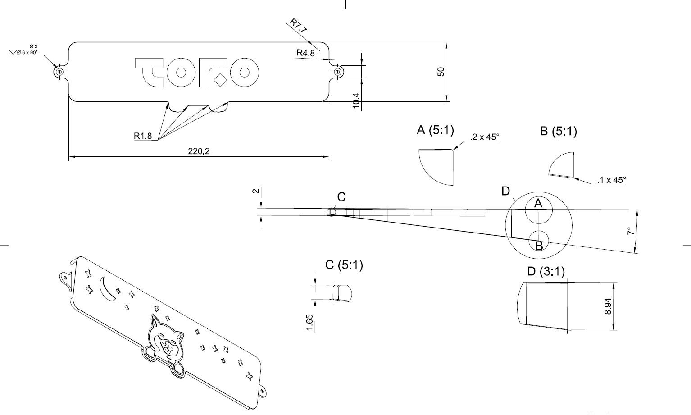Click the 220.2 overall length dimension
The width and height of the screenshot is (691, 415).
point(199,151)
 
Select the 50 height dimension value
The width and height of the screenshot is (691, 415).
point(441,72)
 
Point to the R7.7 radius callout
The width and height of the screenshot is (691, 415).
point(298,26)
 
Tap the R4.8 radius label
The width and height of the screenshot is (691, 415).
point(305,53)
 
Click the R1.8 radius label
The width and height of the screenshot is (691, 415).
point(143,136)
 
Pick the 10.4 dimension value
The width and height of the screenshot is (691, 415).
point(356,100)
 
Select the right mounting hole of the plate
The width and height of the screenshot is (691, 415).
point(338,72)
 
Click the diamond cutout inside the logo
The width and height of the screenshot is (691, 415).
point(220,81)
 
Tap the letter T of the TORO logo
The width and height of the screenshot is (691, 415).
point(149,72)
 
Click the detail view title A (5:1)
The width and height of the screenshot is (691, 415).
point(435,130)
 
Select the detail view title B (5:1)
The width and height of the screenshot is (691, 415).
point(558,131)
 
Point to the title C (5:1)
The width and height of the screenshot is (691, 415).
point(344,265)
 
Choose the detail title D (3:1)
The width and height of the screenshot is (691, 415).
point(546,271)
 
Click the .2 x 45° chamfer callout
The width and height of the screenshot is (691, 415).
point(484,137)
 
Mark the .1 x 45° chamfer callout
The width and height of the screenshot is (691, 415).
point(611,180)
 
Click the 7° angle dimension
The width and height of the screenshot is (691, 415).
point(631,231)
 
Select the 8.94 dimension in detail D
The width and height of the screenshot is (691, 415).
point(608,306)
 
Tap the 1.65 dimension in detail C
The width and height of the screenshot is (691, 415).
point(310,323)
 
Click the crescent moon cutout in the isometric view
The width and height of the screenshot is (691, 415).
point(106,288)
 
